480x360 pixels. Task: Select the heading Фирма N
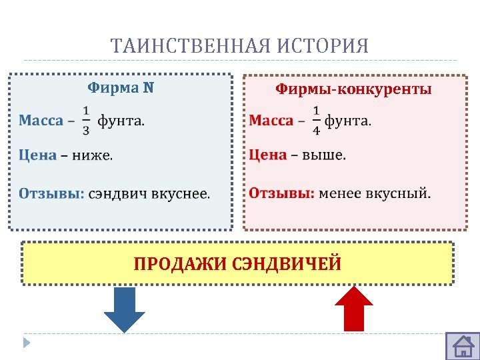pos(121,87)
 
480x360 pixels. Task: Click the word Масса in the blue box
pos(41,121)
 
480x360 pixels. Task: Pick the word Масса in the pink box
pos(271,121)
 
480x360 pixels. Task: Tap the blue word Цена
pos(37,155)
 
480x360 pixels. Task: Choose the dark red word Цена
pos(268,155)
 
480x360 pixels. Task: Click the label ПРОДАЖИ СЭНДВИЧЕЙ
pos(237,263)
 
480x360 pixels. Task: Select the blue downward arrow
pos(125,308)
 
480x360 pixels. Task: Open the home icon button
pos(462,345)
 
